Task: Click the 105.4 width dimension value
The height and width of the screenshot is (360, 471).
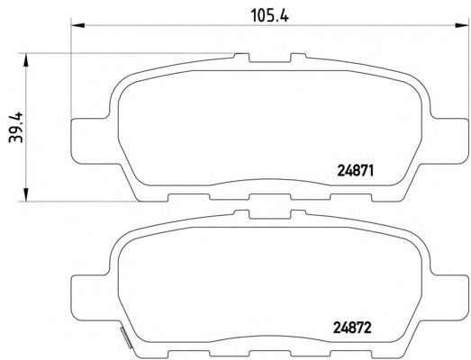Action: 269,15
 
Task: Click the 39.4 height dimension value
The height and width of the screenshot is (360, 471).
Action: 16,127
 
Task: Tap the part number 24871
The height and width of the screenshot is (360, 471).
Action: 356,171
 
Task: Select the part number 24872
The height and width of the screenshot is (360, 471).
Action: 352,328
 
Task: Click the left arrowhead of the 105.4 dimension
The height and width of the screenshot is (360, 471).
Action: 78,25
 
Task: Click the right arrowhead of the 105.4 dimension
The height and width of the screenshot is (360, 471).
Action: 462,25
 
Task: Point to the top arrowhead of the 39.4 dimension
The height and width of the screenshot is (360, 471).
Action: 26,60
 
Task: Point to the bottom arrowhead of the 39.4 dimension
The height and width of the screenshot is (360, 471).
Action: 26,194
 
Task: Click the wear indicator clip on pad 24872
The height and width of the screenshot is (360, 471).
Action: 126,337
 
